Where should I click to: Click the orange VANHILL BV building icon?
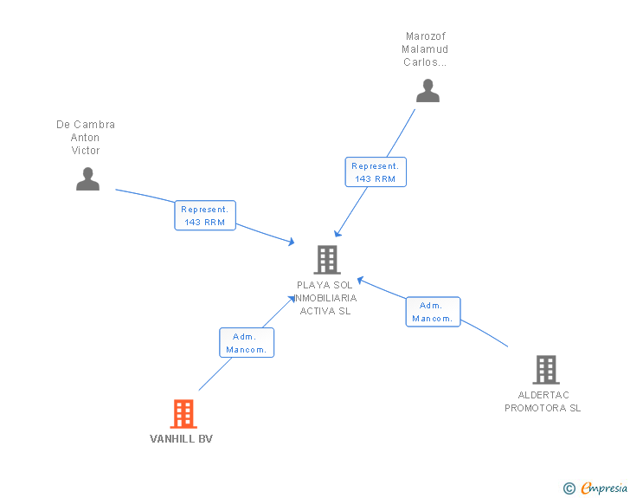(x=183, y=414)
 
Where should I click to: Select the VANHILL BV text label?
(x=181, y=439)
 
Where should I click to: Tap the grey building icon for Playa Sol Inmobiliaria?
(x=326, y=259)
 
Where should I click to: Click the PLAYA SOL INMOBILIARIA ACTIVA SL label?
(x=325, y=298)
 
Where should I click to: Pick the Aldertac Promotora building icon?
(x=545, y=370)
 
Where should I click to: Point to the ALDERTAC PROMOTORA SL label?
(x=543, y=402)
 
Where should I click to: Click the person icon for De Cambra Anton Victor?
(x=87, y=178)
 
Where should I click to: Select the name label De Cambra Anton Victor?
(x=86, y=138)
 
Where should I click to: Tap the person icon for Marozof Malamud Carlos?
(x=427, y=90)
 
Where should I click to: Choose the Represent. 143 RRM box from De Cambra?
(x=205, y=216)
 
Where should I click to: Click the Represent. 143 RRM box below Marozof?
(x=375, y=171)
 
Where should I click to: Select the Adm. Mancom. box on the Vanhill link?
(x=247, y=343)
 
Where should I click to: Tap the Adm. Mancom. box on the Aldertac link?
(x=433, y=312)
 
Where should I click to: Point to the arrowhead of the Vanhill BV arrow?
(x=292, y=299)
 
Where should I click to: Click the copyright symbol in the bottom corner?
(x=569, y=488)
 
